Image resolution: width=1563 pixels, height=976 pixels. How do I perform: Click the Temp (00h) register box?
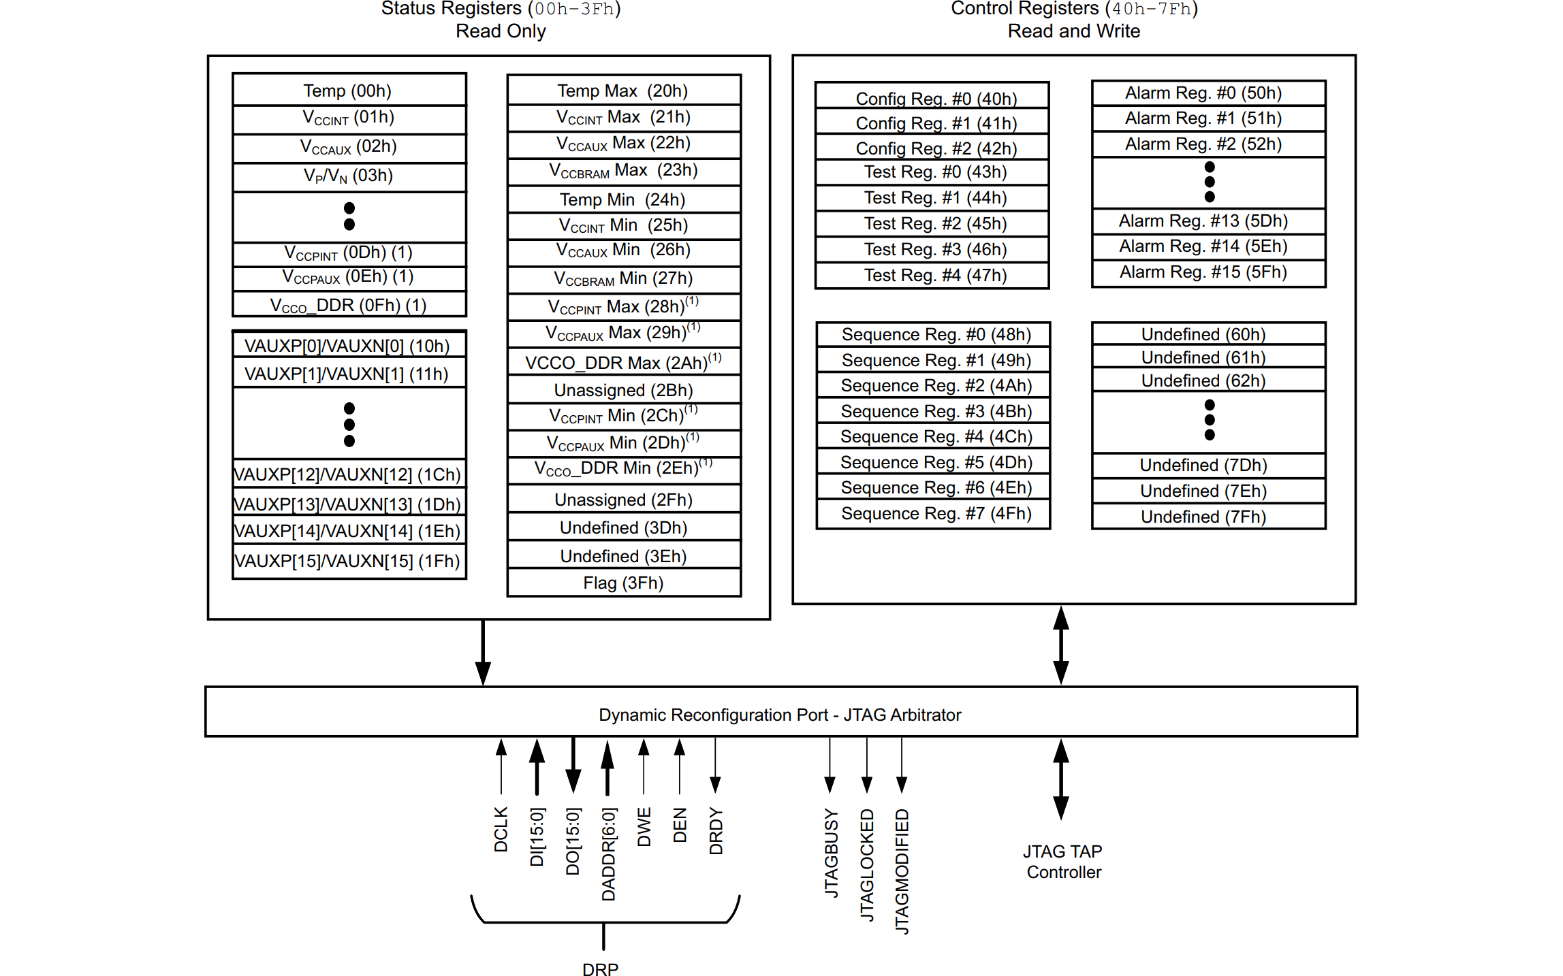click(348, 91)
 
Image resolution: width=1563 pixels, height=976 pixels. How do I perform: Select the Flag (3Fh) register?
click(623, 583)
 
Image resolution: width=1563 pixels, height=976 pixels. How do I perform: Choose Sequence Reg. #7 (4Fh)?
click(936, 514)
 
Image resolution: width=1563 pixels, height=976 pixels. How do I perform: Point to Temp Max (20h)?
click(623, 91)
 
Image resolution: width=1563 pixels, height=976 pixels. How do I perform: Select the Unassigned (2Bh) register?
click(623, 390)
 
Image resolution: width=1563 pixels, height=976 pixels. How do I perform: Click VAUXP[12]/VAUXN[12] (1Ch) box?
click(348, 474)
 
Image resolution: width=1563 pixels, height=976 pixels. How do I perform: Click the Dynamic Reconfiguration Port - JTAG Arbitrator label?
click(780, 715)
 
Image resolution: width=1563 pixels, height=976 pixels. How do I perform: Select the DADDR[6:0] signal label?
click(608, 853)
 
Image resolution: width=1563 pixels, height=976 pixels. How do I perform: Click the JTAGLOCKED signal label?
click(866, 864)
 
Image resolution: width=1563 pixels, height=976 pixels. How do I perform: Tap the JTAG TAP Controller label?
click(1063, 862)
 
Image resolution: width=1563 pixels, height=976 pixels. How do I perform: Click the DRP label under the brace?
click(601, 969)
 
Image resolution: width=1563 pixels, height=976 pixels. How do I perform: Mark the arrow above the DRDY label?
click(715, 766)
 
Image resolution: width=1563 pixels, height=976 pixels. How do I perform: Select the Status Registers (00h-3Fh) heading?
click(501, 9)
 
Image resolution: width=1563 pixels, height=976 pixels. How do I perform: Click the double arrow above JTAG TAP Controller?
click(1061, 779)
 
